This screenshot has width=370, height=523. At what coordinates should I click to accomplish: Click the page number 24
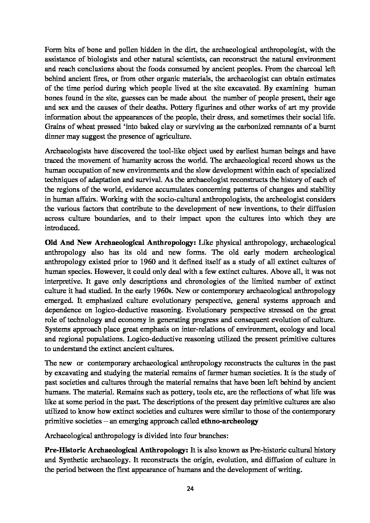pyautogui.click(x=190, y=488)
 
